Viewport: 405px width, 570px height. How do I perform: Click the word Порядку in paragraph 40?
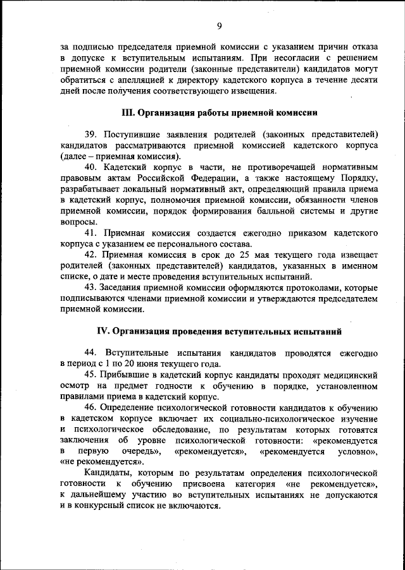(359, 179)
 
